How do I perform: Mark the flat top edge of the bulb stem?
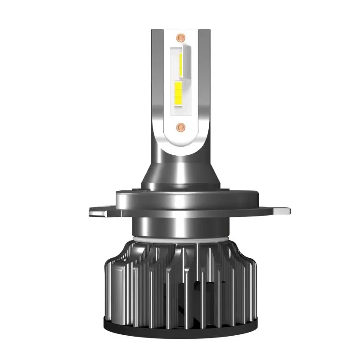(180, 29)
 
